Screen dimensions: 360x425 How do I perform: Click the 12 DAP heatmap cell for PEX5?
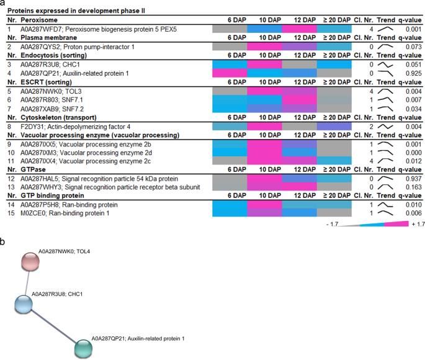299,29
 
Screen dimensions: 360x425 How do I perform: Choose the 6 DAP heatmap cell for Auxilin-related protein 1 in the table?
230,73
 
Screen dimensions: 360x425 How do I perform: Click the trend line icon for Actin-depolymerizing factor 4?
387,125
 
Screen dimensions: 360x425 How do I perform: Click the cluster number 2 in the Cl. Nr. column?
370,125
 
